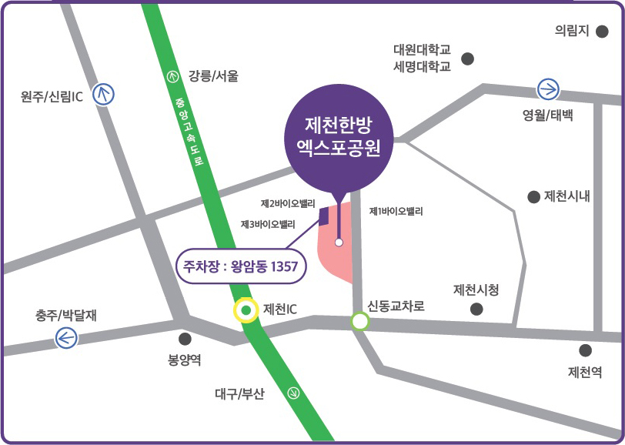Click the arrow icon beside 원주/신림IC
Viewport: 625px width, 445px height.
(x=103, y=95)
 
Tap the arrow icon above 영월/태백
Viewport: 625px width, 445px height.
(x=549, y=89)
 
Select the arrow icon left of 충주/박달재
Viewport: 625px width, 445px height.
(x=66, y=337)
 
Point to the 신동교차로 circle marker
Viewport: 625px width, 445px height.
(x=359, y=320)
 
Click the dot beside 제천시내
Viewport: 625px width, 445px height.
(x=533, y=197)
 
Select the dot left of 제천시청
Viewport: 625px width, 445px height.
(x=476, y=309)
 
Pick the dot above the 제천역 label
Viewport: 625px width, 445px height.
(x=586, y=350)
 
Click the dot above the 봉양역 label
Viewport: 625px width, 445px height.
(x=185, y=339)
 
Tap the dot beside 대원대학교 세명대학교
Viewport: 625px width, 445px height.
(x=467, y=59)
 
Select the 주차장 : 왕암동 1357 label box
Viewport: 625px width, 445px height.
(x=242, y=267)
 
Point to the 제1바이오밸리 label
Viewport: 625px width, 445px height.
(x=396, y=211)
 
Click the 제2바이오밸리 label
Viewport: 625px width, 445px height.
(x=289, y=204)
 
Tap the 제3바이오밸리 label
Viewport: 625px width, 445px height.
(x=268, y=224)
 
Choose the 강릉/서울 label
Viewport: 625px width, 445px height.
(x=213, y=75)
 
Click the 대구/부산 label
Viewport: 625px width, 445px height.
(x=239, y=394)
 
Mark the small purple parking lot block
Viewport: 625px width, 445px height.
(x=324, y=215)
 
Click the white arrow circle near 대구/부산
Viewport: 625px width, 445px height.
(x=292, y=393)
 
